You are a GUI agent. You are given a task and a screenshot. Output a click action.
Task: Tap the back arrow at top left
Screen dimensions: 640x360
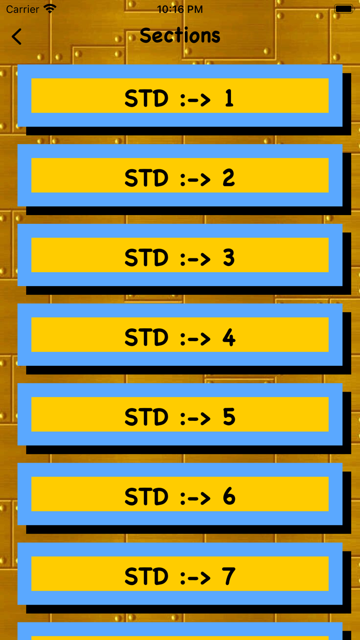coord(17,37)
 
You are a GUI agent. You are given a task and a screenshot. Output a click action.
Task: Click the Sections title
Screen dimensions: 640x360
coord(180,35)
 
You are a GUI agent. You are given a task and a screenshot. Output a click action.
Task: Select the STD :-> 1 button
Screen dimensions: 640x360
coord(180,96)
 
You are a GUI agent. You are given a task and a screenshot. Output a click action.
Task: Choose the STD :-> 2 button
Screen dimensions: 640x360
coord(180,175)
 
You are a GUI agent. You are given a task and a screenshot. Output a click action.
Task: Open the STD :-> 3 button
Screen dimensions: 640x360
coord(180,255)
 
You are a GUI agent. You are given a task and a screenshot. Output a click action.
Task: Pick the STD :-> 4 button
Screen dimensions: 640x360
coord(180,335)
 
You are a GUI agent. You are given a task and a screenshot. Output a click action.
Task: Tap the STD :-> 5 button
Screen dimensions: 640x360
coord(180,415)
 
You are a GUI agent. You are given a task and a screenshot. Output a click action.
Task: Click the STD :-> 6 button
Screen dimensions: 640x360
coord(180,494)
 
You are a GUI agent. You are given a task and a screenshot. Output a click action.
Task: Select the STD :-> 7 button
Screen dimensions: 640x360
coord(180,574)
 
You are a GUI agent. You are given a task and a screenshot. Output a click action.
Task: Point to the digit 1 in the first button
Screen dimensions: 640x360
coord(229,98)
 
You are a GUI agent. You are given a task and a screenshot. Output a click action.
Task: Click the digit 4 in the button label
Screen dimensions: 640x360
coord(229,337)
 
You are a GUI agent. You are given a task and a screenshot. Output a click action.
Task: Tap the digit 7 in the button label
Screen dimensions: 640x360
coord(229,576)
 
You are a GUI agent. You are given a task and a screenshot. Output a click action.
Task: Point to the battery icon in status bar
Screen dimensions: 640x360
coord(344,9)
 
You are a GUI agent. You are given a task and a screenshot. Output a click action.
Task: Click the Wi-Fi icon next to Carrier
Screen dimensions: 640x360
coord(50,9)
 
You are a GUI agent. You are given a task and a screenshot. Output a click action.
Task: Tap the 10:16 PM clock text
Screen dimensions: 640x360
coord(180,9)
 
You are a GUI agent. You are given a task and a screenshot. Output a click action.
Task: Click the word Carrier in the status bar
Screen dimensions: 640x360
coord(23,9)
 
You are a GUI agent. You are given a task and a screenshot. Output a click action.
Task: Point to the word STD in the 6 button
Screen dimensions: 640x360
coord(147,496)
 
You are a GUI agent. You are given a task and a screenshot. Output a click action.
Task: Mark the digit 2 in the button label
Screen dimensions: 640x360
coord(229,177)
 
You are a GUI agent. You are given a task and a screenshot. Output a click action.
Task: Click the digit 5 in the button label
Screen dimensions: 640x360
coord(229,417)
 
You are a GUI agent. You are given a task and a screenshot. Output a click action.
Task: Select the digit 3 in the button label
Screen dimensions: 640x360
coord(229,257)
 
